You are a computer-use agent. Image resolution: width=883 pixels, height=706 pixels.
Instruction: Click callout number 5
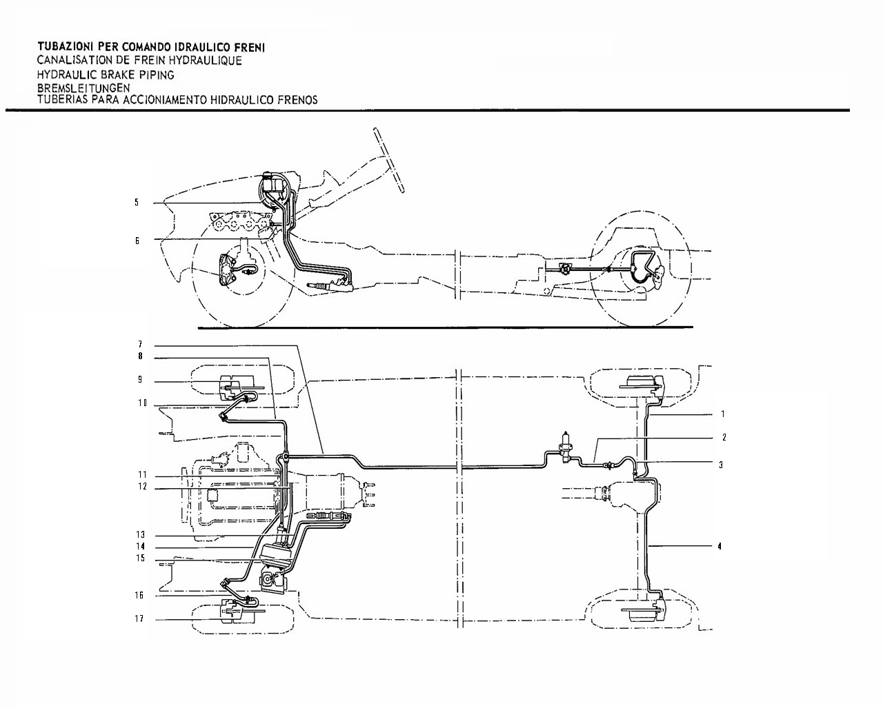point(137,202)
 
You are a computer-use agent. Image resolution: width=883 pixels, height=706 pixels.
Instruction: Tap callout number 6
point(137,241)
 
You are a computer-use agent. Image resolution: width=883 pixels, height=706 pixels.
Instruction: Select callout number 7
point(140,344)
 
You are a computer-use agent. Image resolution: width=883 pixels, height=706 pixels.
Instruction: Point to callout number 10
point(142,403)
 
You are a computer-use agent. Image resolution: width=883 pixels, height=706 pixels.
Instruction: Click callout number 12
point(142,487)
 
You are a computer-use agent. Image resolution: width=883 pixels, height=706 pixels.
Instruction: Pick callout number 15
point(141,558)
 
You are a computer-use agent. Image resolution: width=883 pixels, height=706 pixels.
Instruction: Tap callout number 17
point(139,618)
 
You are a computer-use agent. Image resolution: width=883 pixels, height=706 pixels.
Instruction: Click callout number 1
point(722,414)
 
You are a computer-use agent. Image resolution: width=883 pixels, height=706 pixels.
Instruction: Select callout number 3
point(721,465)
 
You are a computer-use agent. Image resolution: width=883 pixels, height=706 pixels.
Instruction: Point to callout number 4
point(720,547)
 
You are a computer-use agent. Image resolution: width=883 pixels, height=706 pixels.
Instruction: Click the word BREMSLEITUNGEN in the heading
point(83,88)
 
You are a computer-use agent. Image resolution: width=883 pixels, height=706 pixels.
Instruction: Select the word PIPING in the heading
point(157,75)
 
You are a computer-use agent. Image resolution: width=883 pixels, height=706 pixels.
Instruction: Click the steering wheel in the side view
point(388,161)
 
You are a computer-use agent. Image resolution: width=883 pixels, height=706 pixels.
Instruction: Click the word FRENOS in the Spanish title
point(301,100)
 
